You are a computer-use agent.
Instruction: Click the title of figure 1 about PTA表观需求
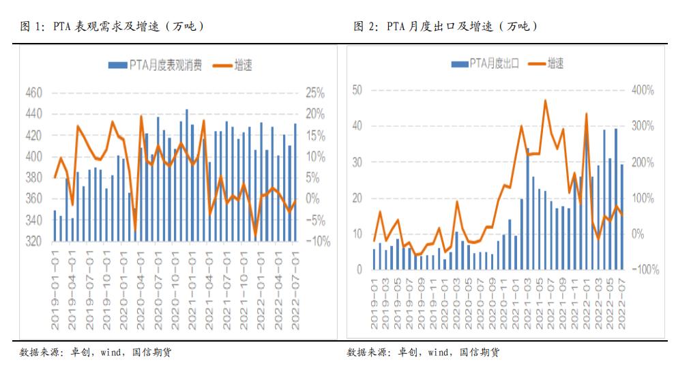click(113, 27)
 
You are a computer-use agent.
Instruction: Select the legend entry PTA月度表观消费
click(156, 65)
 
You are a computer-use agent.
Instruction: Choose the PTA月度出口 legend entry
click(486, 63)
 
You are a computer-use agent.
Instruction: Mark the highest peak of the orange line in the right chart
click(545, 100)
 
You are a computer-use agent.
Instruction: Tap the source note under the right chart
click(423, 352)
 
